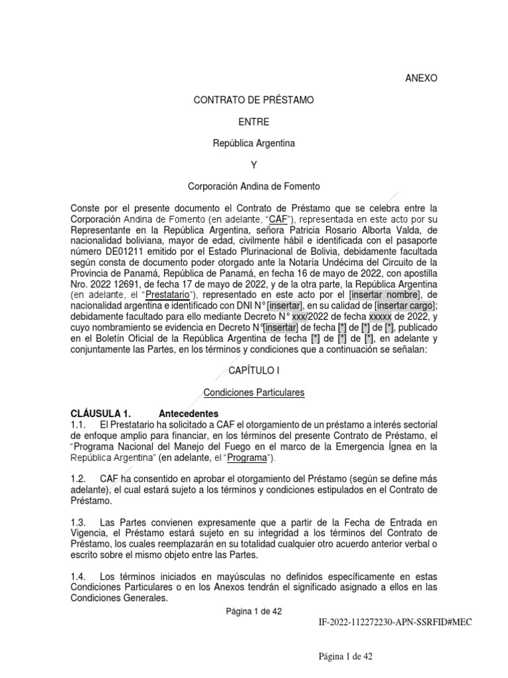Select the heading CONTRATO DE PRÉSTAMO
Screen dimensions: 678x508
(253, 100)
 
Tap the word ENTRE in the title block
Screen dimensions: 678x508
(254, 122)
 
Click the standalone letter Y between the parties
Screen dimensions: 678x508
(254, 165)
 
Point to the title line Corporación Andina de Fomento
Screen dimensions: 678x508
(254, 187)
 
